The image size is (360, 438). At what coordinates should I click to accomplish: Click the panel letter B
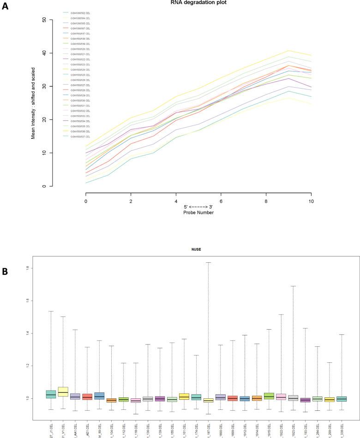6,272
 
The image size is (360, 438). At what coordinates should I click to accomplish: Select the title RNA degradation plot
198,2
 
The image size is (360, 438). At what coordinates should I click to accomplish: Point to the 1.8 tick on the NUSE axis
40,268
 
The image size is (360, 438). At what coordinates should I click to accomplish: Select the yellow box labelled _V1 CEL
63,391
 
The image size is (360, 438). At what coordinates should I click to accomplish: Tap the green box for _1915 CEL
269,396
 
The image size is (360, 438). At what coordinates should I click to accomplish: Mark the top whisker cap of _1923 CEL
293,286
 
